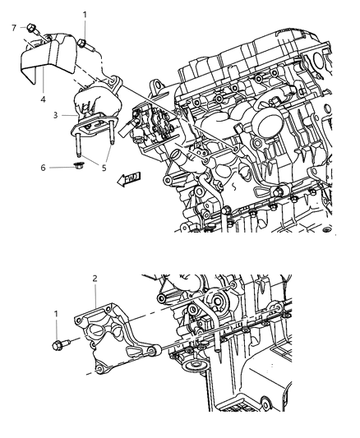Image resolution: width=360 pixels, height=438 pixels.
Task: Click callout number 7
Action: click(14, 28)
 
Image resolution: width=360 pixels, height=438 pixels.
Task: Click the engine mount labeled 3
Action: click(99, 103)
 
